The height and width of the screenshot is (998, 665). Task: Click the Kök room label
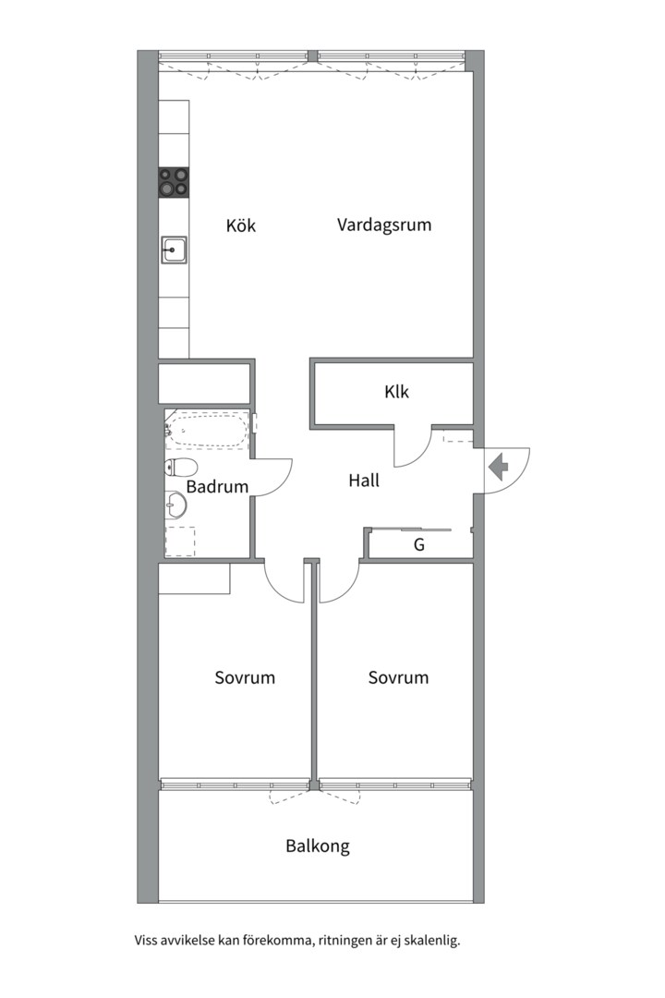(x=241, y=225)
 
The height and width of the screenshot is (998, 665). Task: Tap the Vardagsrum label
(x=384, y=225)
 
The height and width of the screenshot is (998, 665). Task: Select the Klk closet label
(x=397, y=392)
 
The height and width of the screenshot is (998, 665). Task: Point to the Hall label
(x=364, y=481)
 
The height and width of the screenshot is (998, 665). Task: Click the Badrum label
(x=217, y=487)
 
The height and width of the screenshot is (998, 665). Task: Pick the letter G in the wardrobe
(x=418, y=545)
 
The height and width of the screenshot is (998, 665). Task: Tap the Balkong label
(x=318, y=846)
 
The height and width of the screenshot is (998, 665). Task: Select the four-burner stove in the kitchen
(x=174, y=182)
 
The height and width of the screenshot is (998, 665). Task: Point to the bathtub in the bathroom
(x=210, y=432)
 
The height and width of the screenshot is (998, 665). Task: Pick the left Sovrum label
(x=245, y=677)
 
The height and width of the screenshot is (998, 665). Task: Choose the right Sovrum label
(x=398, y=677)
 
